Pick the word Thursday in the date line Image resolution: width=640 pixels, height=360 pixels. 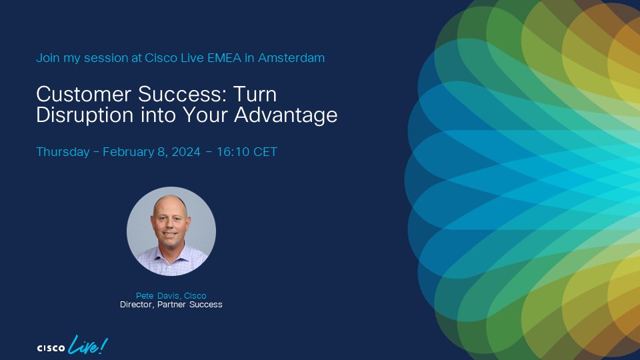[x=63, y=152]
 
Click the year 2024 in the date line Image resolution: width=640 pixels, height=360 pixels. [x=185, y=152]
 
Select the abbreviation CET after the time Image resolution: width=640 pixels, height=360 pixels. [x=265, y=152]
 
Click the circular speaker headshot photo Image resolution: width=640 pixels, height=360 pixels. [x=171, y=231]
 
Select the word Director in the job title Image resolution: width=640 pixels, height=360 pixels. [x=136, y=305]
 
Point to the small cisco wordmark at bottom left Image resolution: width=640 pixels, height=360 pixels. [x=50, y=347]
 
